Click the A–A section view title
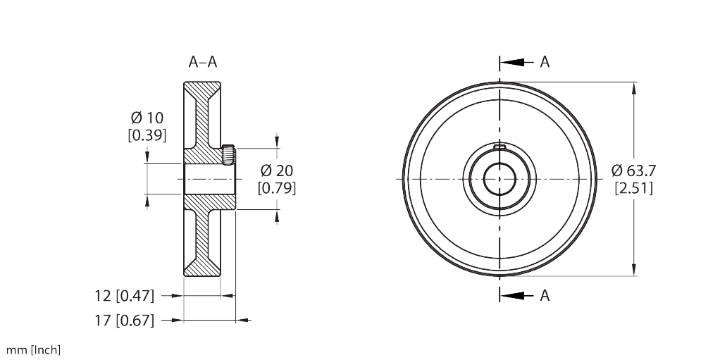point(202,62)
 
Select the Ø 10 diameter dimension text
point(147,118)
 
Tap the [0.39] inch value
point(147,135)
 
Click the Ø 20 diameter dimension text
point(276,170)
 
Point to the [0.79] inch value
point(276,187)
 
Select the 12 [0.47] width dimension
point(124,295)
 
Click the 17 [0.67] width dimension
point(124,321)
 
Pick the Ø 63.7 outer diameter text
point(633,170)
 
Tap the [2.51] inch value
point(633,187)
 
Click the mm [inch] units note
point(33,349)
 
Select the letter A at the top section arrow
point(545,62)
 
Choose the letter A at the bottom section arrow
point(545,296)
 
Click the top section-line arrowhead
point(512,62)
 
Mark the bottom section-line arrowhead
point(512,296)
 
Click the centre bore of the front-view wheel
point(499,179)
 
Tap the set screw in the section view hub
point(228,154)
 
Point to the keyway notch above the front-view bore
point(499,146)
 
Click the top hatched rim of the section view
point(202,89)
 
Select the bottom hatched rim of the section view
point(202,268)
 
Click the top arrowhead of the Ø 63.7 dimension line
point(635,88)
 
